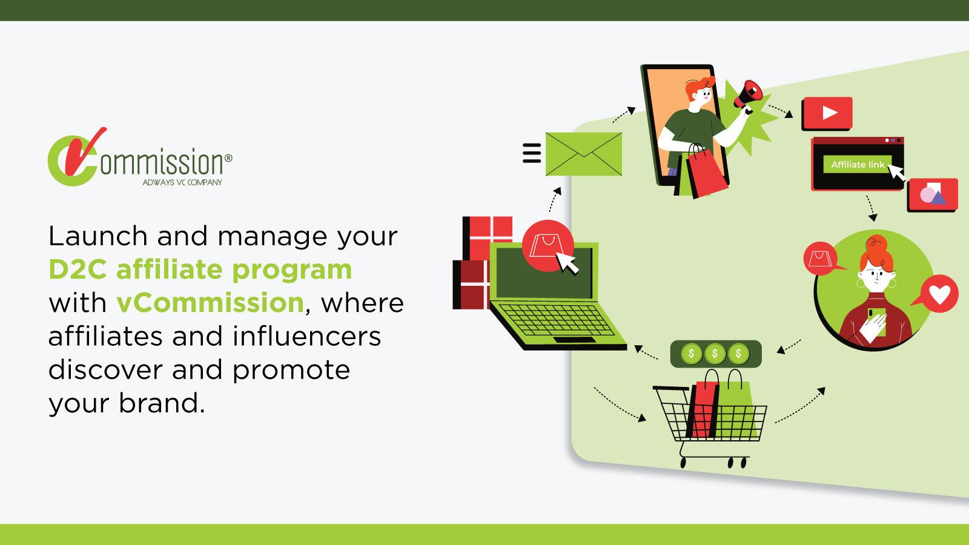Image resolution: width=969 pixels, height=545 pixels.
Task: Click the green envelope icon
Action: coord(583,154)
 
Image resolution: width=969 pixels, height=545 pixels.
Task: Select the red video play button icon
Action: coord(827,113)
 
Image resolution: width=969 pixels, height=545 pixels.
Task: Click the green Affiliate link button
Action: coord(857,165)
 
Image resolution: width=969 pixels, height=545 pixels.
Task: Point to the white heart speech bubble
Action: coord(939,294)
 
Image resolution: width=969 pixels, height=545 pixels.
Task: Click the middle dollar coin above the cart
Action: coord(715,354)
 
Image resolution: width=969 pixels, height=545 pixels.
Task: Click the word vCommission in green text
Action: coord(210,302)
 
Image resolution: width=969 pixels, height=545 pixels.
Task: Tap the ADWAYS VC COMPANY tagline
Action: coord(182,182)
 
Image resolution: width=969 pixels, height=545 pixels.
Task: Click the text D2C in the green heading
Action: coord(78,269)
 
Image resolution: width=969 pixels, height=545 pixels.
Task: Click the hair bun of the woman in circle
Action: coord(875,248)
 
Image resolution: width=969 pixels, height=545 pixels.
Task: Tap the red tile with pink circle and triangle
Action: coord(932,194)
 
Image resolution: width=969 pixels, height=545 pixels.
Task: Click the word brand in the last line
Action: coord(162,403)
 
